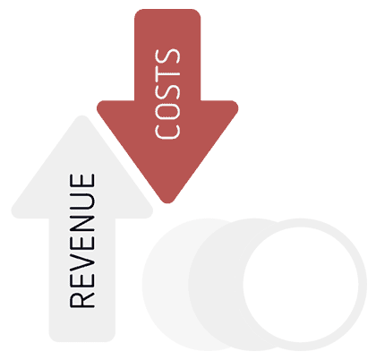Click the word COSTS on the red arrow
(x=167, y=94)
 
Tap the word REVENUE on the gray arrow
(x=82, y=241)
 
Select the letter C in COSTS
(x=167, y=130)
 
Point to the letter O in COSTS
(x=167, y=109)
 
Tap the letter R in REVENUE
(x=82, y=299)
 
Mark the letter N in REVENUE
(x=82, y=222)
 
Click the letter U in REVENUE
(x=82, y=201)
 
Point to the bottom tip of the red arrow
(x=167, y=203)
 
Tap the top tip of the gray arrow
(x=82, y=116)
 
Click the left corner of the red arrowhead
(x=98, y=106)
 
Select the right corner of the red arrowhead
(x=236, y=106)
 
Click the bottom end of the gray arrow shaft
(x=82, y=341)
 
